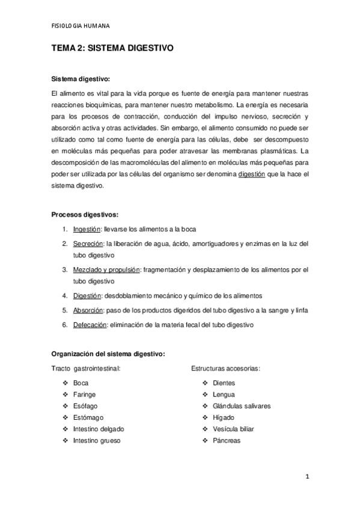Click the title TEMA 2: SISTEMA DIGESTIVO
coord(112,52)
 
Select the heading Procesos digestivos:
coord(84,214)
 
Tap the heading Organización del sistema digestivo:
coord(108,353)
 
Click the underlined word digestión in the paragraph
coord(256,175)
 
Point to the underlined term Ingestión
coord(87,229)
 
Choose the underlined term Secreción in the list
coord(87,244)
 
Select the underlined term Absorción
coord(88,310)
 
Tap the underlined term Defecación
coord(90,325)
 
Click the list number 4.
coord(65,296)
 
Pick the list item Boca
coord(81,382)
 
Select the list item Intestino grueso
coord(97,440)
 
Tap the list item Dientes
coord(224,382)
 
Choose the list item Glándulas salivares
coord(241,406)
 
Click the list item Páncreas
coord(226,440)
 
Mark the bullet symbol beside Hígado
coord(205,417)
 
